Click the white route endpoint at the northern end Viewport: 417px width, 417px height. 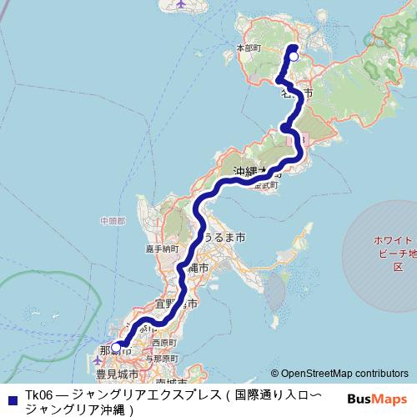(x=293, y=58)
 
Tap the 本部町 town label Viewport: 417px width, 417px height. (x=249, y=48)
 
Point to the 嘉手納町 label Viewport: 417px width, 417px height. (x=163, y=249)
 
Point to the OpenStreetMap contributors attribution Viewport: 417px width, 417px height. (x=344, y=374)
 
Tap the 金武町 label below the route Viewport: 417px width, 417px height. (x=267, y=185)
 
